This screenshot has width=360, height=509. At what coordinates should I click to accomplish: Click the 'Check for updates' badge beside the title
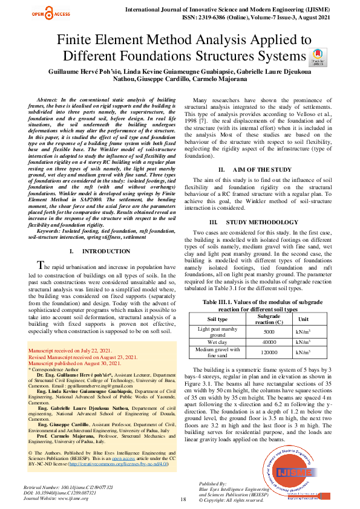[318, 57]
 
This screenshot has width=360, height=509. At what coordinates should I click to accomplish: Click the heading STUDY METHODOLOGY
[262, 222]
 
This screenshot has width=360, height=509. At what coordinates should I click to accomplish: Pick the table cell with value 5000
[269, 332]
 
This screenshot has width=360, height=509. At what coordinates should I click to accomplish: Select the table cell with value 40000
[269, 342]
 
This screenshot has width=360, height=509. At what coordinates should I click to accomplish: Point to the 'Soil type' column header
[217, 319]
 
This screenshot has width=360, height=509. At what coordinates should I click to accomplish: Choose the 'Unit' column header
[303, 319]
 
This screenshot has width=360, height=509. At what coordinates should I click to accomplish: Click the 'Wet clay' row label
[217, 342]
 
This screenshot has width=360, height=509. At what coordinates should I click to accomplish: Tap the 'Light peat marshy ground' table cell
[217, 332]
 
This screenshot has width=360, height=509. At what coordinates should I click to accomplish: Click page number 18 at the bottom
[183, 499]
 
